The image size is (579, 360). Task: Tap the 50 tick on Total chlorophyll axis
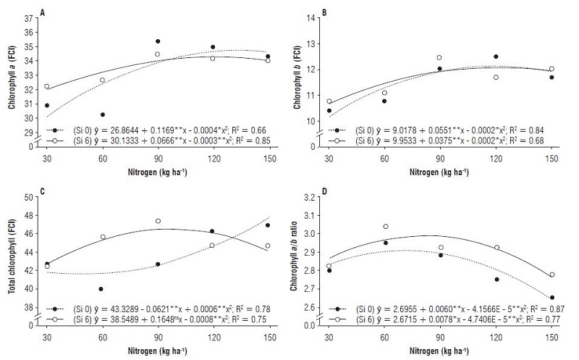coord(30,197)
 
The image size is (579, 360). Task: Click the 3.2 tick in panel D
coord(314,197)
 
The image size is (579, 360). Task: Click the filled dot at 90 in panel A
coord(158,41)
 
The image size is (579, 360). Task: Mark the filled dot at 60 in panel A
coord(102,114)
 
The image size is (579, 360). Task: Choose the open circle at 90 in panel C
coord(158,221)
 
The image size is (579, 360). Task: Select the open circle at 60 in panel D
coord(386,227)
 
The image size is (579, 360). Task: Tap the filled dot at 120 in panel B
coord(496,56)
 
